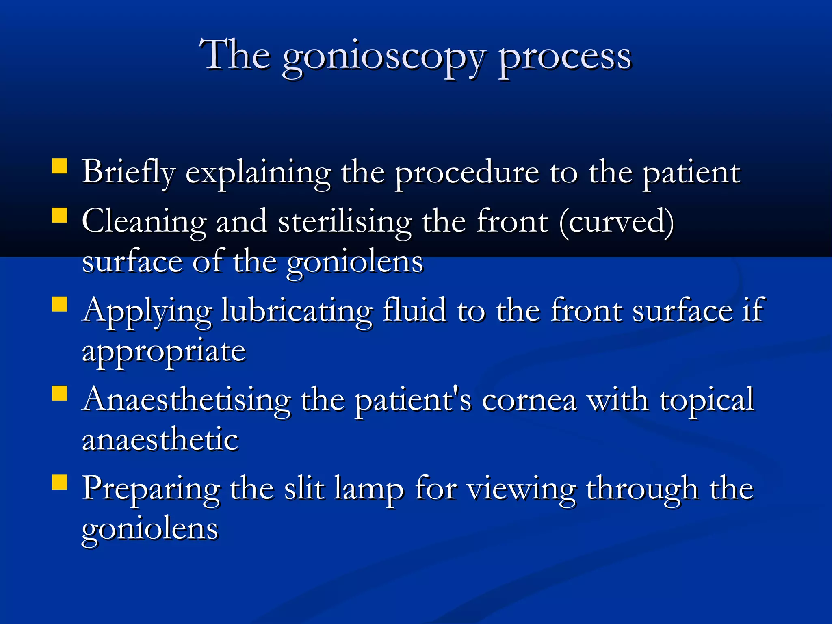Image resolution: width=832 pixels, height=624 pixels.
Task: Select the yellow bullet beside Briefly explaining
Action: click(60, 167)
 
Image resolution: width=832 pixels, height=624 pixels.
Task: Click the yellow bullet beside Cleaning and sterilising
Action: click(60, 215)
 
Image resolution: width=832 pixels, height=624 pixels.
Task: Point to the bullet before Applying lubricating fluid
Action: click(60, 304)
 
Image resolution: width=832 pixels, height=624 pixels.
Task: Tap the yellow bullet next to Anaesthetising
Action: click(60, 393)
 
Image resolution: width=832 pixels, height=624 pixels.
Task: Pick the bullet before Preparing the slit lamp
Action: click(60, 482)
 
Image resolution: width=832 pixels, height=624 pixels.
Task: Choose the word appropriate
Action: click(164, 351)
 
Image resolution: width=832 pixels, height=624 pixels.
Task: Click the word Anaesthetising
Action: click(186, 400)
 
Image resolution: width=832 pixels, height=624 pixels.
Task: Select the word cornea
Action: click(529, 400)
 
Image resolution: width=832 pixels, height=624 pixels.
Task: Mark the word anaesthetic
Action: click(160, 440)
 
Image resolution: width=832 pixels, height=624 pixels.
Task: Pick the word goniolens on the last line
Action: click(150, 530)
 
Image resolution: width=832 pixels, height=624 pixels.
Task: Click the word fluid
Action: click(414, 311)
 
